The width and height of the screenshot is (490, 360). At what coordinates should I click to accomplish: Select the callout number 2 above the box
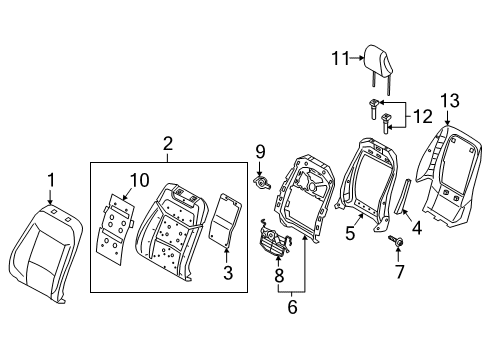coord(168,145)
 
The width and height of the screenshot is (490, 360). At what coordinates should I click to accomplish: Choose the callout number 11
coord(338,59)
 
